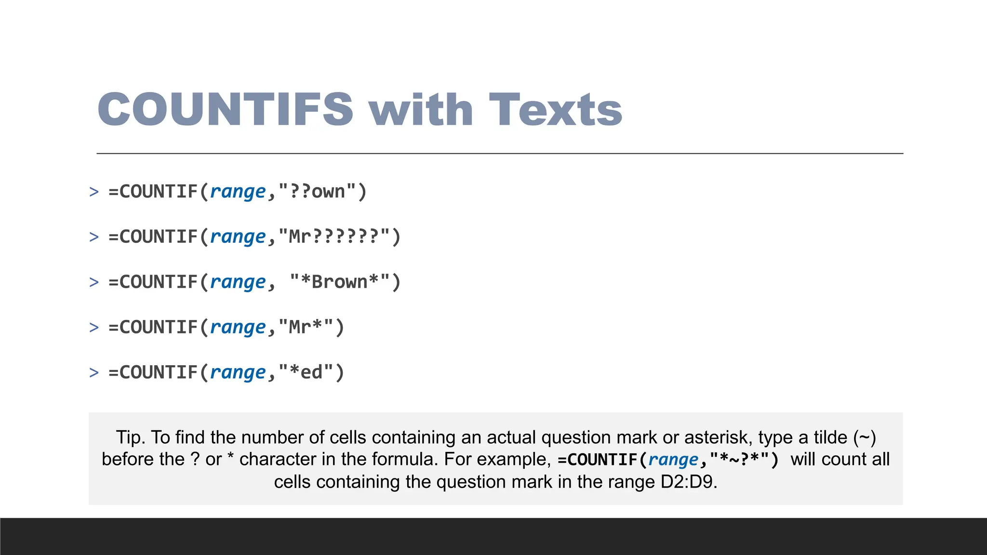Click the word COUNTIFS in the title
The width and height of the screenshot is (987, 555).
pos(226,109)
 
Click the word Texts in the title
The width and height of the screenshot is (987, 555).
pos(555,109)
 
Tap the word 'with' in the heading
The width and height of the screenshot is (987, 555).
pos(421,109)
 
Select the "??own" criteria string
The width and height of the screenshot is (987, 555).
pos(317,191)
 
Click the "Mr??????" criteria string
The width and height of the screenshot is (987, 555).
pos(334,237)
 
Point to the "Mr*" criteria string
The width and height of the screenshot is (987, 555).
pos(306,327)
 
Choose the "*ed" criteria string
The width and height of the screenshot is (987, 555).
pos(306,372)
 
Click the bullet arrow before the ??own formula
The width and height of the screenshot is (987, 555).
pos(94,192)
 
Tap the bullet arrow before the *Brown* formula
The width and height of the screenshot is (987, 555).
pos(94,282)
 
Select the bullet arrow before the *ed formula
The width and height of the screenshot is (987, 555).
pos(94,373)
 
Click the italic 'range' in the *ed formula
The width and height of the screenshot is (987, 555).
pos(238,372)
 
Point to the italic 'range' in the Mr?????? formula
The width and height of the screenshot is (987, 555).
pos(238,237)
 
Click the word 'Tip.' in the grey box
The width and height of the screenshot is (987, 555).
pos(131,437)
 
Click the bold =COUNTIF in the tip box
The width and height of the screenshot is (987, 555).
pos(598,460)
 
